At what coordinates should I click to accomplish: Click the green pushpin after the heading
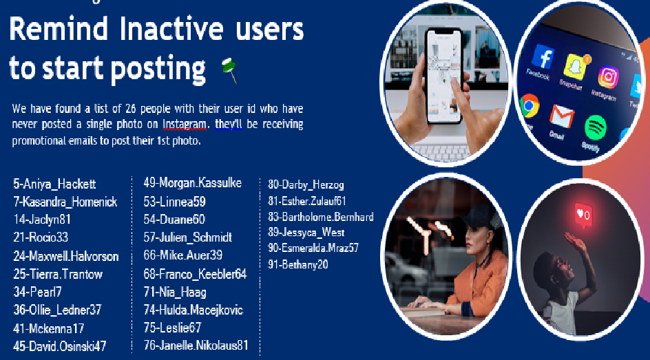(229, 70)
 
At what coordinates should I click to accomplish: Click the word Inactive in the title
(171, 29)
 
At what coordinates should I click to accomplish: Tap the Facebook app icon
(543, 57)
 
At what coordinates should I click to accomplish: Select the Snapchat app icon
(576, 66)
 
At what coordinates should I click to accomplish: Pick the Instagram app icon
(608, 77)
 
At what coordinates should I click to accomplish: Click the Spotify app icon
(596, 128)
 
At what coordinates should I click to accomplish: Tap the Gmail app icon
(561, 116)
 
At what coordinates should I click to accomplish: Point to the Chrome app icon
(530, 105)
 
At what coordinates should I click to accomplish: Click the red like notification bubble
(583, 215)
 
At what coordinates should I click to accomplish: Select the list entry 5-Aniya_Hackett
(54, 184)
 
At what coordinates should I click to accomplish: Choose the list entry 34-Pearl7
(37, 292)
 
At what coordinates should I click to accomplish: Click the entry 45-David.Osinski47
(60, 346)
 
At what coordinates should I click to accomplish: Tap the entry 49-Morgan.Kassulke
(192, 182)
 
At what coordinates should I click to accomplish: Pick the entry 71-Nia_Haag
(175, 292)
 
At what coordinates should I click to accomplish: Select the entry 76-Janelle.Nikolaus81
(196, 345)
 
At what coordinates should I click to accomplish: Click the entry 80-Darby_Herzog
(306, 184)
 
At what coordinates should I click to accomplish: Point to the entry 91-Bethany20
(298, 264)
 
